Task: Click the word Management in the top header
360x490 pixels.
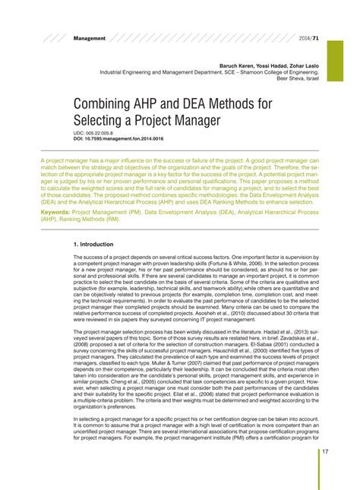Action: [89, 38]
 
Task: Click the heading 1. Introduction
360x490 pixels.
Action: [93, 245]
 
